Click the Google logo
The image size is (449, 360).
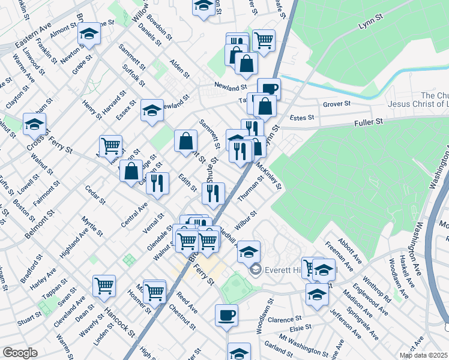tap(20, 353)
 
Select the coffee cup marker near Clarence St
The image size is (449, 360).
tap(226, 315)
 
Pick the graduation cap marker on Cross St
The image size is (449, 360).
tap(35, 124)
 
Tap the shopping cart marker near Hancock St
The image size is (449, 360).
tap(104, 286)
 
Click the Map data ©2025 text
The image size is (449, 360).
tap(423, 355)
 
